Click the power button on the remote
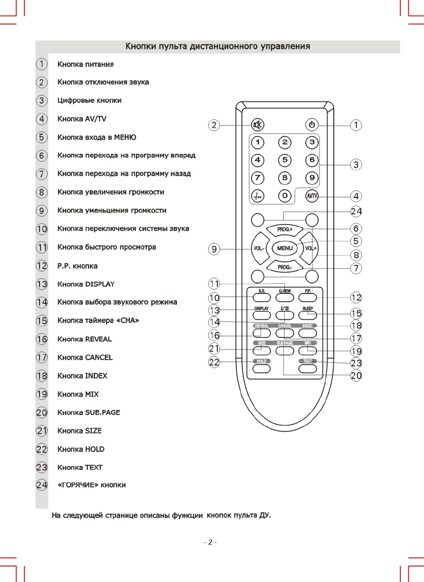pos(312,125)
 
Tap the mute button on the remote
pos(257,125)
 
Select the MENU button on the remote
pos(285,248)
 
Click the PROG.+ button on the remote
pos(285,229)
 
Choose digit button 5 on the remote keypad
pos(285,160)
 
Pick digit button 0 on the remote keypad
pos(285,196)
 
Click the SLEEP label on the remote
pos(308,309)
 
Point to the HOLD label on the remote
pos(261,361)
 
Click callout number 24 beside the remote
pos(356,211)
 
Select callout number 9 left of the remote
pos(214,249)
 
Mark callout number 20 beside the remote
pos(356,375)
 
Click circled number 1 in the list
pos(41,64)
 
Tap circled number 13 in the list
pos(41,284)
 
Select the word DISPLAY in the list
pos(100,284)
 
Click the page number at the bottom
pos(211,542)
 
